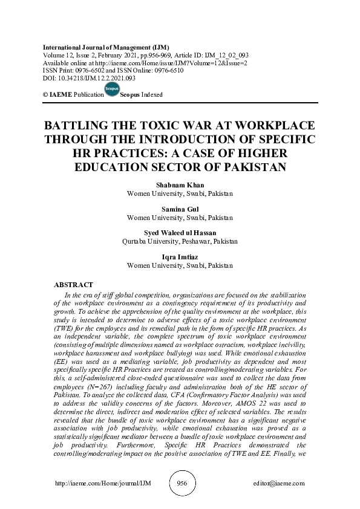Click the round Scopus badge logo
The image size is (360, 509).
click(112, 90)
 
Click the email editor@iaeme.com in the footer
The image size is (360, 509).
click(280, 484)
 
